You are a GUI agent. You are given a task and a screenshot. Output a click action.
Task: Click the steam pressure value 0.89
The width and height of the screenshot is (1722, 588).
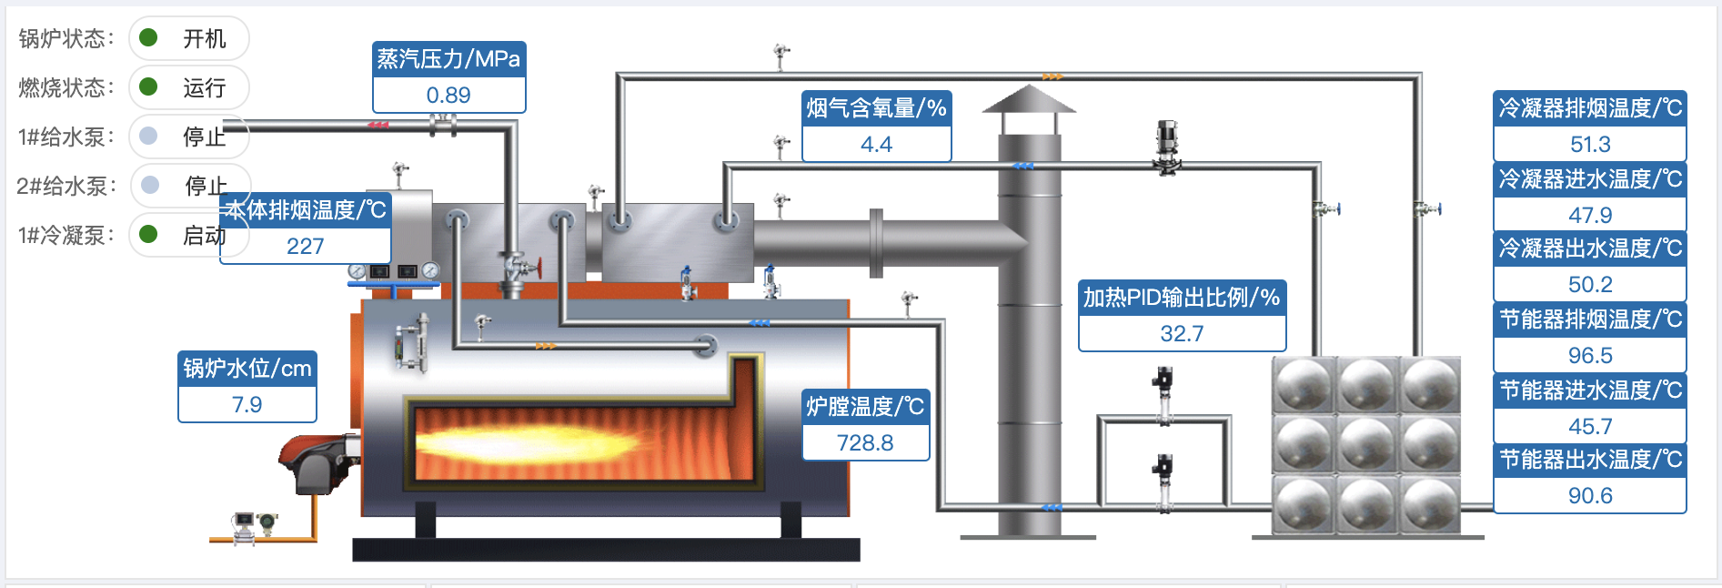click(448, 96)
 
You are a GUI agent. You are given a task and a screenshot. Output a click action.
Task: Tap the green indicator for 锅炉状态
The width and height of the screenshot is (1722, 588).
click(148, 37)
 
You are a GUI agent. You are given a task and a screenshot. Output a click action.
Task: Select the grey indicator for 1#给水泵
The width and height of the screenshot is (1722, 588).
click(148, 136)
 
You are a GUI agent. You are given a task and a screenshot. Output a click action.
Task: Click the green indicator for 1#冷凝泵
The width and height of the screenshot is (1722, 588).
click(148, 234)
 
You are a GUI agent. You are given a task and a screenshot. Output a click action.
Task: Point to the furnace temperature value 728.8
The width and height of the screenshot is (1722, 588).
click(865, 443)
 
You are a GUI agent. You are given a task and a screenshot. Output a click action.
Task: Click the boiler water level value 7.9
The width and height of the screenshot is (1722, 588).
click(247, 405)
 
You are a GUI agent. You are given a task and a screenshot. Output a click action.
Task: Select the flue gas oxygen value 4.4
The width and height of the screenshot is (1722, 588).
click(876, 145)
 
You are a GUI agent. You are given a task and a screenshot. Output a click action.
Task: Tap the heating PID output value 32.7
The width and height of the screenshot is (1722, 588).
click(1182, 334)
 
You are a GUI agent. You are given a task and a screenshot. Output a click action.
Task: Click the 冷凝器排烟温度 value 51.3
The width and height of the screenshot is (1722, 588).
click(1589, 145)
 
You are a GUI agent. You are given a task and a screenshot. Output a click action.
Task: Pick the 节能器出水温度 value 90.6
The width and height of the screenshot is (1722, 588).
click(1589, 496)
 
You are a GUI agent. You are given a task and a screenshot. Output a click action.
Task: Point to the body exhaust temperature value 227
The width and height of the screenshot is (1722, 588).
click(305, 247)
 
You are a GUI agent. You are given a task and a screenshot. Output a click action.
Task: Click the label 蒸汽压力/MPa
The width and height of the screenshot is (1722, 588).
click(448, 59)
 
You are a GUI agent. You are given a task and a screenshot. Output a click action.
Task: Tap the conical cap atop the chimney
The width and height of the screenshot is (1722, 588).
click(1029, 98)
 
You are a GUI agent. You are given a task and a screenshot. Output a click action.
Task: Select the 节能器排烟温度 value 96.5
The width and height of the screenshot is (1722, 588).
click(1589, 356)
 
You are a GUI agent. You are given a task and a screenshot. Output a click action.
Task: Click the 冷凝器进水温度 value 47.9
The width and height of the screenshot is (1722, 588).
click(1589, 216)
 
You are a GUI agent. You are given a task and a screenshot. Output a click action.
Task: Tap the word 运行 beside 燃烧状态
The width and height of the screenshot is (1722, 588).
click(204, 87)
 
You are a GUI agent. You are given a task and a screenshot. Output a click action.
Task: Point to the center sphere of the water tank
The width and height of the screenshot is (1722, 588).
click(1366, 444)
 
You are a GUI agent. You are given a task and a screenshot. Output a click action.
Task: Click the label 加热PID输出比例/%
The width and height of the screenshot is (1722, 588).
click(1182, 298)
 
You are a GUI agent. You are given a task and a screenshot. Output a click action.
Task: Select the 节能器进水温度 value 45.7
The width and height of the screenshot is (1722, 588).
click(1589, 427)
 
